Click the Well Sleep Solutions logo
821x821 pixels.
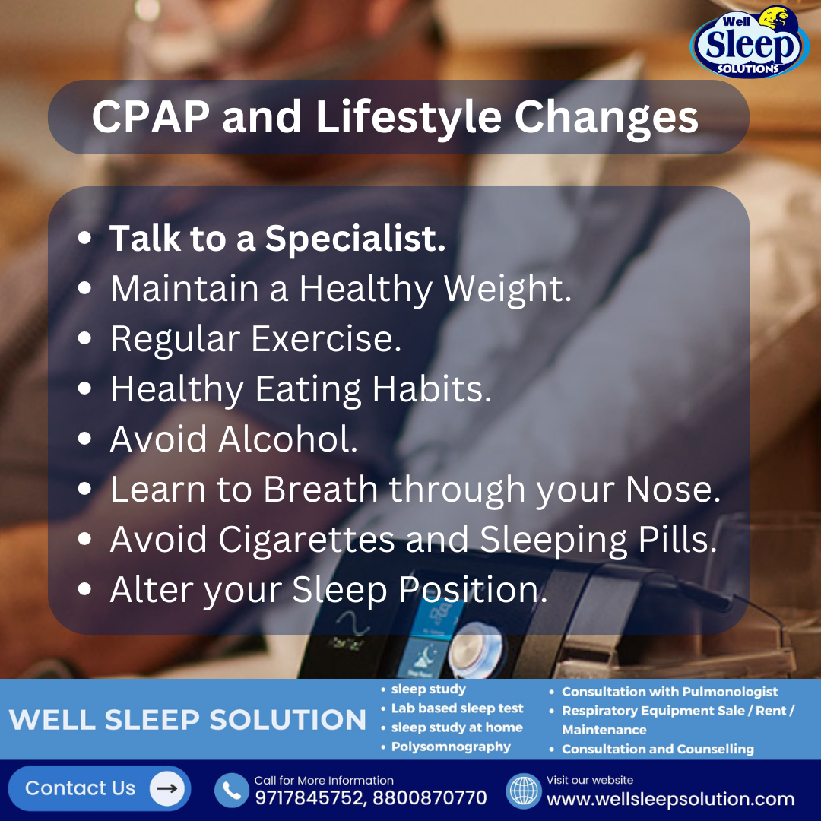[x=750, y=43]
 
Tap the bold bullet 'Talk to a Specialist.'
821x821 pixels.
[x=277, y=239]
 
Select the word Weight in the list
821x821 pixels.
[x=507, y=289]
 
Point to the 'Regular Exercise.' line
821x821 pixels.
[x=255, y=339]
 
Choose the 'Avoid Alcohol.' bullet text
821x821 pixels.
[x=233, y=439]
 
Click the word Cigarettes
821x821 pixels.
[x=306, y=540]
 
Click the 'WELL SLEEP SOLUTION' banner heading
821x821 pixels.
[x=188, y=719]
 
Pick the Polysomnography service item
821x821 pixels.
[x=451, y=747]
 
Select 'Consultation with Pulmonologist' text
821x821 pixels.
[x=669, y=692]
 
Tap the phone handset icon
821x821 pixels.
[x=231, y=791]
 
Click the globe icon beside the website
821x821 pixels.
[x=523, y=791]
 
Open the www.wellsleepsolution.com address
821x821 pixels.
[x=670, y=800]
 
